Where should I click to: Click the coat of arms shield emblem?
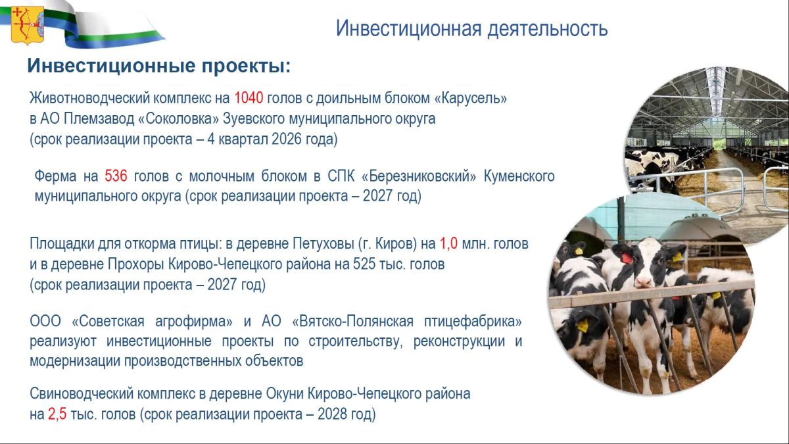tap(28, 25)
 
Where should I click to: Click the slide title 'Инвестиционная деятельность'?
tap(471, 28)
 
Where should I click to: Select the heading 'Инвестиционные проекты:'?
tap(159, 66)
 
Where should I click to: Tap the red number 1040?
tap(249, 97)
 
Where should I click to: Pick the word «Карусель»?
tap(471, 98)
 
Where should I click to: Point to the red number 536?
tap(116, 176)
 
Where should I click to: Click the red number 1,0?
tap(448, 243)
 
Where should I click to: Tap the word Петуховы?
tap(323, 243)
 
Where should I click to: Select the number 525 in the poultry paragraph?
tap(364, 264)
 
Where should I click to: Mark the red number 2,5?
tap(57, 414)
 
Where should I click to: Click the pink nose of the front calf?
tap(643, 282)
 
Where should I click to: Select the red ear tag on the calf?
tap(626, 259)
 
